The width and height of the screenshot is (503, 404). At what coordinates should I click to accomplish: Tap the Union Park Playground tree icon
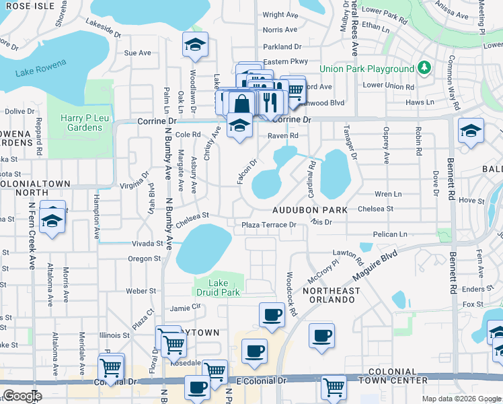[424, 69]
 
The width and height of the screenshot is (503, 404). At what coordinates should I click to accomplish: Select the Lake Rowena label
[41, 68]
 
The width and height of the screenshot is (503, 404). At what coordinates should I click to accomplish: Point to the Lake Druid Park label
[219, 288]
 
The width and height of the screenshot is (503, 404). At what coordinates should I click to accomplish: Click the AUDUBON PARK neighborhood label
[310, 210]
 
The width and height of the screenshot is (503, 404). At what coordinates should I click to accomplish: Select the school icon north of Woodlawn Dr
[195, 44]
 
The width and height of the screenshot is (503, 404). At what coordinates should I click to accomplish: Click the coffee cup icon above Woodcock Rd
[272, 314]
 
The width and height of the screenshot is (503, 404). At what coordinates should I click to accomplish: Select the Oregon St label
[144, 259]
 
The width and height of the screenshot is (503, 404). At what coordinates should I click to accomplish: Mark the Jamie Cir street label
[186, 307]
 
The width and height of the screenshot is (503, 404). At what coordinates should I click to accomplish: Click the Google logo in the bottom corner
[22, 396]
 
